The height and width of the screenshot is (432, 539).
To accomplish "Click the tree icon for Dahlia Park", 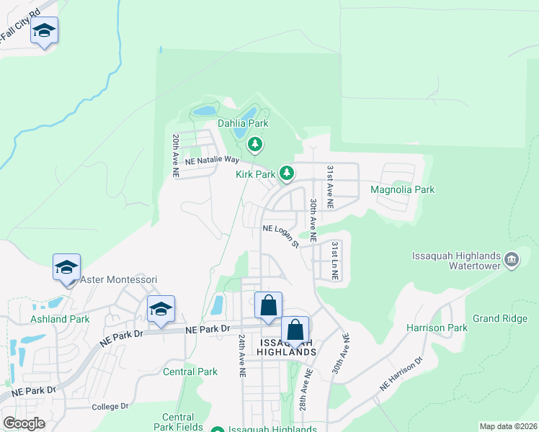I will click(x=254, y=145).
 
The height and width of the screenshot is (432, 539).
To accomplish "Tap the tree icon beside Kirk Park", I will click(x=287, y=173).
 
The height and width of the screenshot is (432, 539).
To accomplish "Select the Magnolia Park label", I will click(x=403, y=189).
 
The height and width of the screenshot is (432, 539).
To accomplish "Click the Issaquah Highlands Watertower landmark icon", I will click(x=511, y=259).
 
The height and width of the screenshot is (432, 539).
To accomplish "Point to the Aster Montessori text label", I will click(x=118, y=279).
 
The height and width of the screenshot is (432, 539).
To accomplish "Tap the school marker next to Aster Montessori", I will click(x=67, y=269).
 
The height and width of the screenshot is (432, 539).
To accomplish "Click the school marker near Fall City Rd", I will click(x=44, y=31).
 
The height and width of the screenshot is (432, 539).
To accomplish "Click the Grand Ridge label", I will click(x=500, y=318).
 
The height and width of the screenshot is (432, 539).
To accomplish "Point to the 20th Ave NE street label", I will click(x=175, y=156).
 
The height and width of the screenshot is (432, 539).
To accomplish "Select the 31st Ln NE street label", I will click(x=335, y=261).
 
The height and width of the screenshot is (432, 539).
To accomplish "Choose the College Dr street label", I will click(x=110, y=407).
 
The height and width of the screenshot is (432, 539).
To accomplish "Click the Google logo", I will click(x=24, y=423).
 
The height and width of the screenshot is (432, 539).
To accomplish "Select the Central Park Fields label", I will click(x=178, y=422).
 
